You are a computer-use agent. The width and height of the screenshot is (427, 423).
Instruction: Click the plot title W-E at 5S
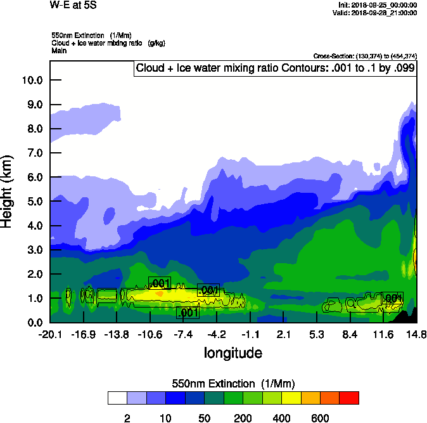pos(73,5)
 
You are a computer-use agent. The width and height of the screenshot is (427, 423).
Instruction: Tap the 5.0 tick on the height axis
pos(32,201)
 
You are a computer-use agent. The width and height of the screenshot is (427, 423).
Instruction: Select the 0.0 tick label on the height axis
pos(32,322)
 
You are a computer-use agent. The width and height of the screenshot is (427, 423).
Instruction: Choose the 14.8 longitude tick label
pos(416,334)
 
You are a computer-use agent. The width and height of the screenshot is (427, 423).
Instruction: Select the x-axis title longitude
pos(233,352)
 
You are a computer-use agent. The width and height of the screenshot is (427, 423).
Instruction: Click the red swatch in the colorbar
pos(349,398)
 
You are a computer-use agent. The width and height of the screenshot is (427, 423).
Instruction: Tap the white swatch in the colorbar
pos(117,398)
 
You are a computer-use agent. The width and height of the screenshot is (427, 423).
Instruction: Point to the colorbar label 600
pos(320,418)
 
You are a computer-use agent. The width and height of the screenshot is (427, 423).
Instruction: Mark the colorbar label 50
pos(204,418)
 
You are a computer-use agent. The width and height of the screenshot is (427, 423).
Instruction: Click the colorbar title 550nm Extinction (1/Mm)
pos(233,383)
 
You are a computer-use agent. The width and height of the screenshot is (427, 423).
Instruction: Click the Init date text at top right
pos(378,5)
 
